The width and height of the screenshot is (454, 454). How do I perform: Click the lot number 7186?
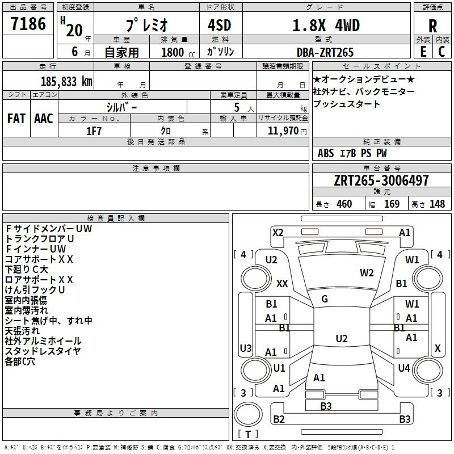coord(28,24)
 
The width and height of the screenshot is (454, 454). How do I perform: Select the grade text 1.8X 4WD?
coord(326,25)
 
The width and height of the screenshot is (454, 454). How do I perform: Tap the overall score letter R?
coord(432,26)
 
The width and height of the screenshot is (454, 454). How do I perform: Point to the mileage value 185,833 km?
coord(66,82)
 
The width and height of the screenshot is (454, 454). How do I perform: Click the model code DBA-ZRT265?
coord(325,52)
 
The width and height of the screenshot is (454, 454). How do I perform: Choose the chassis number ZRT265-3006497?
coord(381,180)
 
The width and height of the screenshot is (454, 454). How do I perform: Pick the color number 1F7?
coord(94,131)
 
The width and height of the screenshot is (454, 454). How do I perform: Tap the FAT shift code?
coord(16,119)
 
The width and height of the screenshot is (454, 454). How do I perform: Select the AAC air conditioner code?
coord(44,119)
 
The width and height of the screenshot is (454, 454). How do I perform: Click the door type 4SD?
coord(220,25)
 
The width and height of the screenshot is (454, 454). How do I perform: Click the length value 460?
coord(344,204)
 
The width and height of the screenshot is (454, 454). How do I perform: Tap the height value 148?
coord(437,204)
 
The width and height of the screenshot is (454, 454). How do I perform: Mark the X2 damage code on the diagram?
coord(278,233)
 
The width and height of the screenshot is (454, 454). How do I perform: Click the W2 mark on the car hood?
coord(367,273)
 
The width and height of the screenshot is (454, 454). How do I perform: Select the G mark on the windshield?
coord(325,299)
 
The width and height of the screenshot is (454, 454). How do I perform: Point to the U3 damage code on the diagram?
coord(246,348)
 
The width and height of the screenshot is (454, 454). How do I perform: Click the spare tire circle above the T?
coord(248,414)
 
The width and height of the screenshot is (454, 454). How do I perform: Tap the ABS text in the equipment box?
coord(326,153)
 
